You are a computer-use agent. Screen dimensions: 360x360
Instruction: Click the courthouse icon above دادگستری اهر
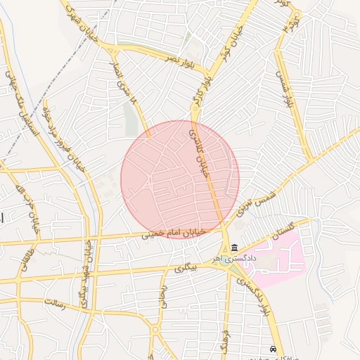(x=234, y=248)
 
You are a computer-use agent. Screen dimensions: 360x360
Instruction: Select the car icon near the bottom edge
(x=273, y=349)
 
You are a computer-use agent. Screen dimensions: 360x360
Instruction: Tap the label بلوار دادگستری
(x=255, y=296)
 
